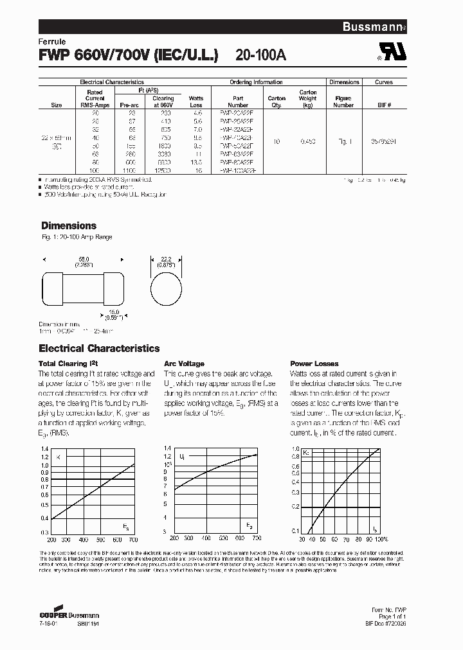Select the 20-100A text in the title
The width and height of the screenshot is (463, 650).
coord(257,55)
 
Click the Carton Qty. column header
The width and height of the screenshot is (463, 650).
coord(277,101)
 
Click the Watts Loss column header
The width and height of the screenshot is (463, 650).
coord(195,101)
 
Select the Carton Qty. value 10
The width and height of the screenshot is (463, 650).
coord(277,141)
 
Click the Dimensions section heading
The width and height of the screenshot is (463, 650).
coord(69,225)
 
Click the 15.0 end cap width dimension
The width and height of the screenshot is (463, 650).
coord(113,314)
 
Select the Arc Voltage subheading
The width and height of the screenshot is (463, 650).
coord(184,364)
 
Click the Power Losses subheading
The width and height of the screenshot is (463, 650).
coord(314,364)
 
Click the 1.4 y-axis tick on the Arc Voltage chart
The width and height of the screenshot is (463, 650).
coord(167,448)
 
